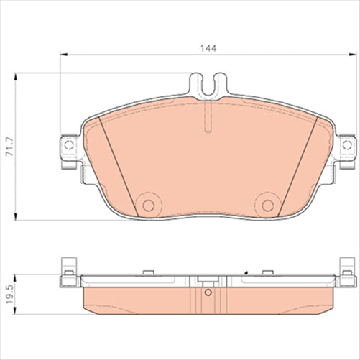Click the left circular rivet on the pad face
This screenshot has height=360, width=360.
coord(149,205)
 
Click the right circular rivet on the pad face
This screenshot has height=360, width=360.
coord(267,205)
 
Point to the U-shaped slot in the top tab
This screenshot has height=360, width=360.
coord(207,87)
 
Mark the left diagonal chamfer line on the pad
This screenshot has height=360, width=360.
coord(116,165)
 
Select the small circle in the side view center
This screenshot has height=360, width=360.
coord(208,292)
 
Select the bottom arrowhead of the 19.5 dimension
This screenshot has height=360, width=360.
coord(15,310)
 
